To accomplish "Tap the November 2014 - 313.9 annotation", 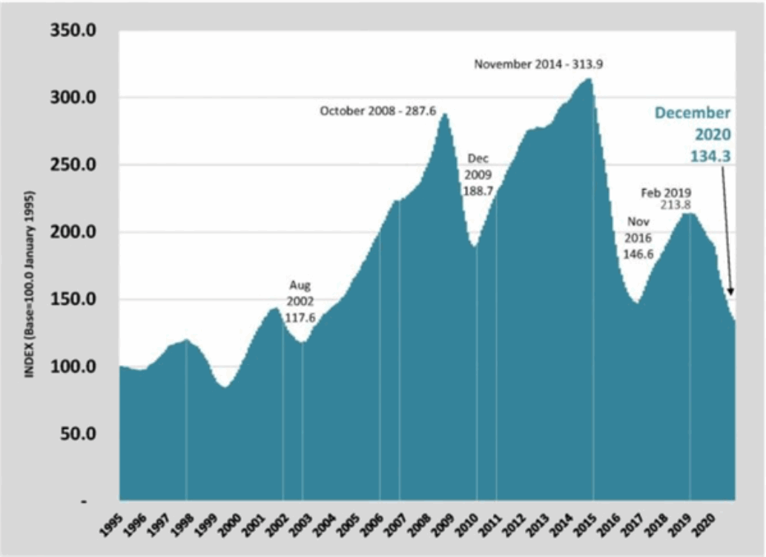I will click(x=538, y=65).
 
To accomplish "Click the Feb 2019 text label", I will click(x=666, y=193).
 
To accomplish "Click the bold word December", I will click(x=692, y=113).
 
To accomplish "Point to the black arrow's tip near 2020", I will click(x=732, y=296).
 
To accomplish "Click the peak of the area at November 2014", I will click(x=590, y=79).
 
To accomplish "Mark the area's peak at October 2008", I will click(x=444, y=113).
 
